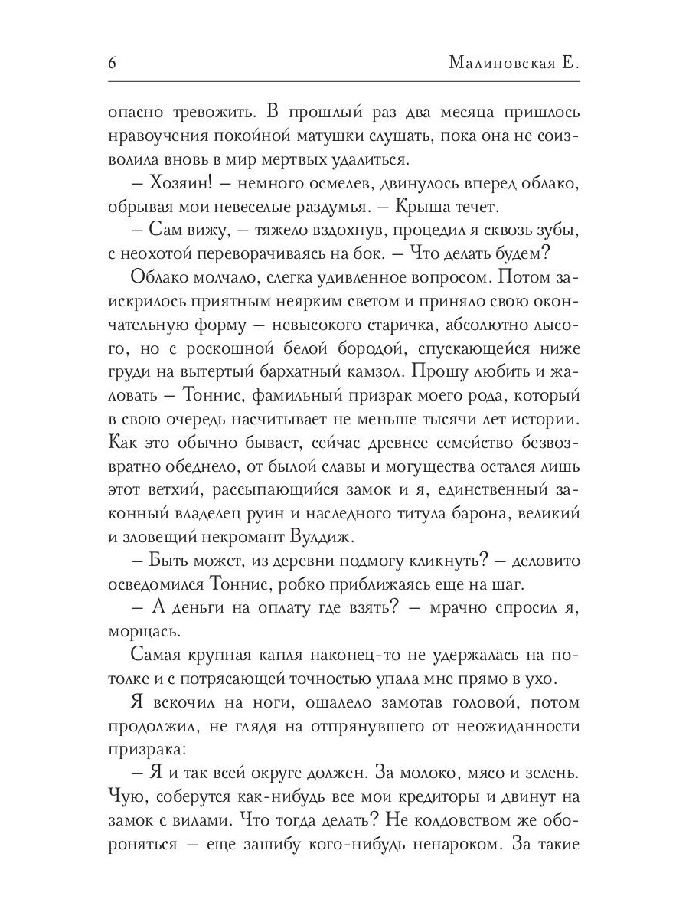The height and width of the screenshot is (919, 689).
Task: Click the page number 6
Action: tap(112, 62)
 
